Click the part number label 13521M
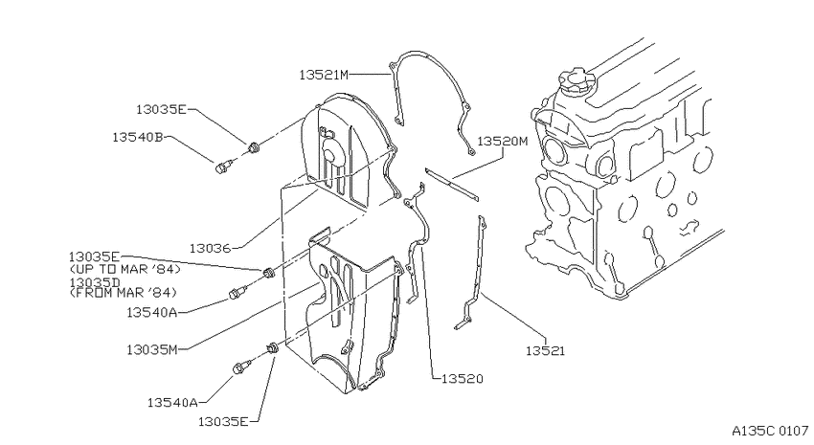pos(324,76)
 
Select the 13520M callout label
pos(502,141)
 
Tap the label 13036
pos(210,249)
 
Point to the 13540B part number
pos(138,137)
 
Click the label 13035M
pos(151,350)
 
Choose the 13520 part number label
pos(462,379)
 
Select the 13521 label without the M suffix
pos(545,351)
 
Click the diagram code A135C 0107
pos(770,431)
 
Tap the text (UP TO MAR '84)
pos(124,269)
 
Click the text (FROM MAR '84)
pos(123,293)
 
